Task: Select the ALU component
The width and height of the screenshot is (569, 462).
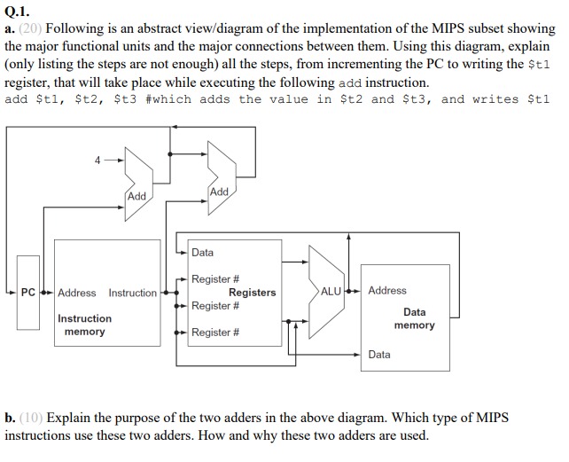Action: (330, 291)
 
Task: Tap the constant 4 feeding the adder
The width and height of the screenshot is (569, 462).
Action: (96, 161)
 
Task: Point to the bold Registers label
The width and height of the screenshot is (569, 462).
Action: (252, 293)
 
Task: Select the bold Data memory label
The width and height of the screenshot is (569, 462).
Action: (414, 318)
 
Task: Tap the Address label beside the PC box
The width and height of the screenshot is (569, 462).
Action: (77, 293)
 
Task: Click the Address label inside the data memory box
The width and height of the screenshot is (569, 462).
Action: (387, 290)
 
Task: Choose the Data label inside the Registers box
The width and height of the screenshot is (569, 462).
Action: (202, 253)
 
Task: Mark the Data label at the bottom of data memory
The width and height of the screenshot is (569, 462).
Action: (379, 354)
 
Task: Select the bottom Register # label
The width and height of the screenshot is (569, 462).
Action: (215, 333)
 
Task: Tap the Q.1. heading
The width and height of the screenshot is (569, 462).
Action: (19, 12)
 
